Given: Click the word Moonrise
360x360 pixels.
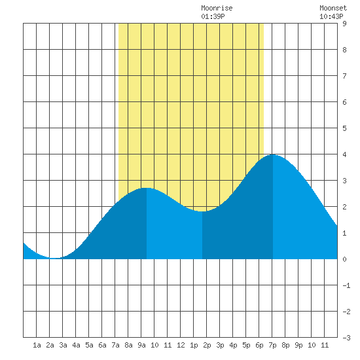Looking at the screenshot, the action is click(217, 8).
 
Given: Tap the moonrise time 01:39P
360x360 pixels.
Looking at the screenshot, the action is click(213, 16).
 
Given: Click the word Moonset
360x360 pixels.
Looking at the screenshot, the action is click(333, 8).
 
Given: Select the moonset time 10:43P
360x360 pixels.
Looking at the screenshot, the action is click(331, 16).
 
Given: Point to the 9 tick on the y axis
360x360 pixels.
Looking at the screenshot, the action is click(344, 24).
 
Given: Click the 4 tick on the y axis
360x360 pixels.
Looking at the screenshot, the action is click(344, 154).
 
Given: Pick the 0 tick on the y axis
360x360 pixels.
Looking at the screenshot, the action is click(344, 259).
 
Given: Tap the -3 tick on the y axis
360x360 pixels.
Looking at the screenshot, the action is click(346, 338).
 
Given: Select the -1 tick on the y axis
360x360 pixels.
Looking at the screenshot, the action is click(346, 285).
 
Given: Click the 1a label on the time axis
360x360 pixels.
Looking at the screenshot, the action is click(37, 345).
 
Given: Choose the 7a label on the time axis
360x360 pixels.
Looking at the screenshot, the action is click(115, 345).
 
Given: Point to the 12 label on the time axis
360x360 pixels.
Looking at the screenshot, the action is click(181, 345).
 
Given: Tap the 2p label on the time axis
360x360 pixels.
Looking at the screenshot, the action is click(207, 345).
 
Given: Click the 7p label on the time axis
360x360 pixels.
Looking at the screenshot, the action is click(272, 345).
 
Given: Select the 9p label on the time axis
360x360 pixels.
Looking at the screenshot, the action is click(298, 345).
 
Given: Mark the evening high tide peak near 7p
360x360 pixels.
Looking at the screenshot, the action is click(273, 154).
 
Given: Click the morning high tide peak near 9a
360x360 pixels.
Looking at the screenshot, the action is click(147, 188).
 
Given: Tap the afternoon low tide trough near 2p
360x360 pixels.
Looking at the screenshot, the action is click(202, 211).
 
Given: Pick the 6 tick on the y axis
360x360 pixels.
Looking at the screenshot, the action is click(344, 102).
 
